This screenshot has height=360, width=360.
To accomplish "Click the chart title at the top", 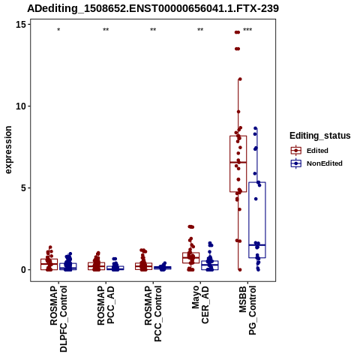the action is (153, 9).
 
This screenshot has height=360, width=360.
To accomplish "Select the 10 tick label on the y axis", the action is (21, 106).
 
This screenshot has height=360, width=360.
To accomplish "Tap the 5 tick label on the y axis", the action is (23, 188).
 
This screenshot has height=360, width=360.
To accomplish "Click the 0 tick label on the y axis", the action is (23, 270).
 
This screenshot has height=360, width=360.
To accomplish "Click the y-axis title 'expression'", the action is (8, 150).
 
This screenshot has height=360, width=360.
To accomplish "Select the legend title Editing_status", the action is (320, 136).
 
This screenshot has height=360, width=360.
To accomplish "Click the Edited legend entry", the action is (309, 151).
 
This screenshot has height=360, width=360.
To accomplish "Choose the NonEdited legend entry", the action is (316, 163).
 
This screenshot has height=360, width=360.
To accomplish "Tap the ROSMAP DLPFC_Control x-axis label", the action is (58, 319).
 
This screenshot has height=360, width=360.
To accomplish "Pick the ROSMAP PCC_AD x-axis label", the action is (106, 305).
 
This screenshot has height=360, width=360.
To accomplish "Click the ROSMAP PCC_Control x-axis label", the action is (153, 313).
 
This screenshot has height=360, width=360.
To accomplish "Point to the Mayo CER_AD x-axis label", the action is (200, 304).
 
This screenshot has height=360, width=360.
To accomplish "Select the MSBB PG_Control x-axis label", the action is (247, 310).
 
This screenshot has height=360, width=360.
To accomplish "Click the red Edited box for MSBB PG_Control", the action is (238, 163).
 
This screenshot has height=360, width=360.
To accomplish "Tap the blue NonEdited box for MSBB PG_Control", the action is (257, 220).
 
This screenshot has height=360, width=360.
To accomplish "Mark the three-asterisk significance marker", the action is (247, 30).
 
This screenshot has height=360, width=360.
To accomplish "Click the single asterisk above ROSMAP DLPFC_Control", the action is (58, 30).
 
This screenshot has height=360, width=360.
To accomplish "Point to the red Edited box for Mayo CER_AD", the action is (191, 258).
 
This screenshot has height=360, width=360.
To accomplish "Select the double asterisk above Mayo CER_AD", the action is (200, 30).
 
